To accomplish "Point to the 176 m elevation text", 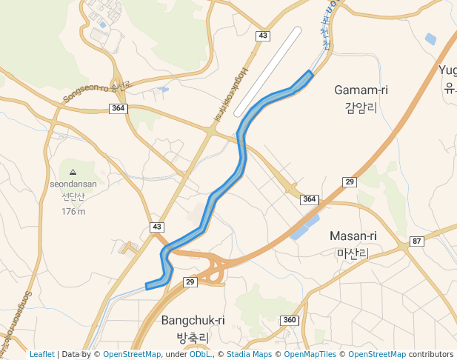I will pos(73,211).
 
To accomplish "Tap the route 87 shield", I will pos(417,241).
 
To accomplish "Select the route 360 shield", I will pos(289,320).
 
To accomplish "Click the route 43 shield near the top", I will pos(262,36).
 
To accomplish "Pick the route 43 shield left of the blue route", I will pos(156,226).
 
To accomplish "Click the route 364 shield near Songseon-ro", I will pos(118,108).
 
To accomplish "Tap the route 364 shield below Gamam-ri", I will pos(309,199).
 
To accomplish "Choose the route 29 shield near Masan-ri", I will pos(350,182).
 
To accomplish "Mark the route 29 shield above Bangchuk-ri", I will pos(190,282).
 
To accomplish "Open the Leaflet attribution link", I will pos(41,354).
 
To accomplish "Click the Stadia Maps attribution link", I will pos(249,354).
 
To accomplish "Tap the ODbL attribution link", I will pos(199,354).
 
